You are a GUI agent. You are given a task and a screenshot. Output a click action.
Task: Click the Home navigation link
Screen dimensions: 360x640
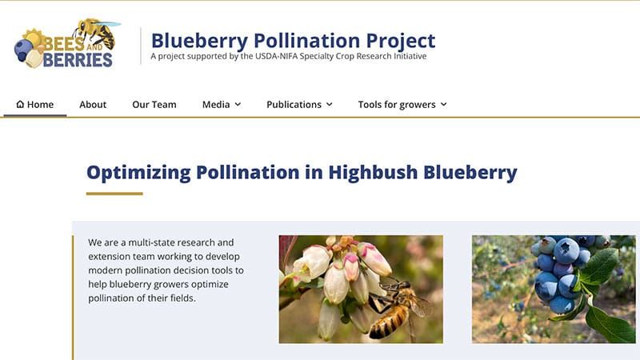(35, 105)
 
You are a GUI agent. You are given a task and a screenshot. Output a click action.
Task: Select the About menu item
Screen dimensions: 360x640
(93, 105)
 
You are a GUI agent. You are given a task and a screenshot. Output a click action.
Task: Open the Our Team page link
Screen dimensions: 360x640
(154, 105)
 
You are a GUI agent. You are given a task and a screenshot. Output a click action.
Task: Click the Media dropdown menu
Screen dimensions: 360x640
(221, 105)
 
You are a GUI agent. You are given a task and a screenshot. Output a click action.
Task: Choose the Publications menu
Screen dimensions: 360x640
(299, 105)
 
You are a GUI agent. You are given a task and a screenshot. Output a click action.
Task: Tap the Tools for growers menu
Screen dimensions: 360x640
(402, 105)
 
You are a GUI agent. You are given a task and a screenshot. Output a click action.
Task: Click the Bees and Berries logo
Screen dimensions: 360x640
(65, 44)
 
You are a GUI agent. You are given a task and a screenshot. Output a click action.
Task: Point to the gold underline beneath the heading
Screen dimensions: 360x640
(114, 194)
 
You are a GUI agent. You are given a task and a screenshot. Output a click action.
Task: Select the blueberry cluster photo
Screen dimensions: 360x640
(554, 289)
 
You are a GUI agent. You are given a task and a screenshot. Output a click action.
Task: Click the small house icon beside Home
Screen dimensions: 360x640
(20, 105)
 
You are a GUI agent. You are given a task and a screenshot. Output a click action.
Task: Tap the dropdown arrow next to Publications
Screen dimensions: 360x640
(329, 105)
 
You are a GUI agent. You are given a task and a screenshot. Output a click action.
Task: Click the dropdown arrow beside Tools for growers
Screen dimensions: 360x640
(443, 105)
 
